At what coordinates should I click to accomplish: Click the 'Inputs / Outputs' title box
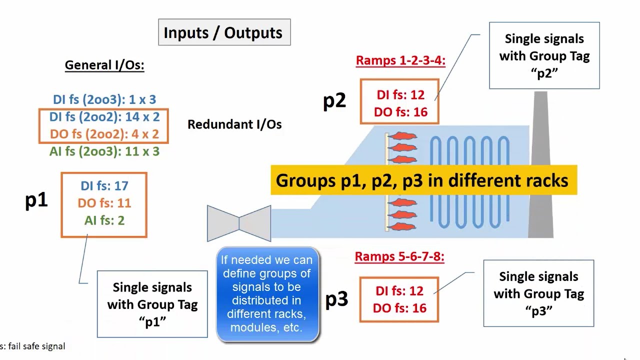224,32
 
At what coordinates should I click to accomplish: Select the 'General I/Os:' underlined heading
104,65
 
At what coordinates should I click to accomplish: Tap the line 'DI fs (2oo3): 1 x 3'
104,99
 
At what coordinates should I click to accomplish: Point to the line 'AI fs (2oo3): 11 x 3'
104,151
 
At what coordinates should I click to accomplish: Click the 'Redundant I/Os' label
234,124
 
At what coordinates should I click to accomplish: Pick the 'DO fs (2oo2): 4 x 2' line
104,134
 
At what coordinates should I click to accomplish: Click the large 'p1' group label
36,200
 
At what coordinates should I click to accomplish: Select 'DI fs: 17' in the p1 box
104,186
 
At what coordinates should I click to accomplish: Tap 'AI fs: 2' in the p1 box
104,220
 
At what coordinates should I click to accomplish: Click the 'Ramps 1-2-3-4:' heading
400,61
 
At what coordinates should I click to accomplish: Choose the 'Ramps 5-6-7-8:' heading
399,256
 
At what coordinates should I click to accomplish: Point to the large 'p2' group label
334,101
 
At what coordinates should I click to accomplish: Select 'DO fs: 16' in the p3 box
399,308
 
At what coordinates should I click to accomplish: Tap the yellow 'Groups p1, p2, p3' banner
424,180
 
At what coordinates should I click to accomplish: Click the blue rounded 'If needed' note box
267,294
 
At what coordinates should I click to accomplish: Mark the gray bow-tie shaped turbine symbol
239,223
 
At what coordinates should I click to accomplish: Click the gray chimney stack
540,164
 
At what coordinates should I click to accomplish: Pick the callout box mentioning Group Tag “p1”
152,304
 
